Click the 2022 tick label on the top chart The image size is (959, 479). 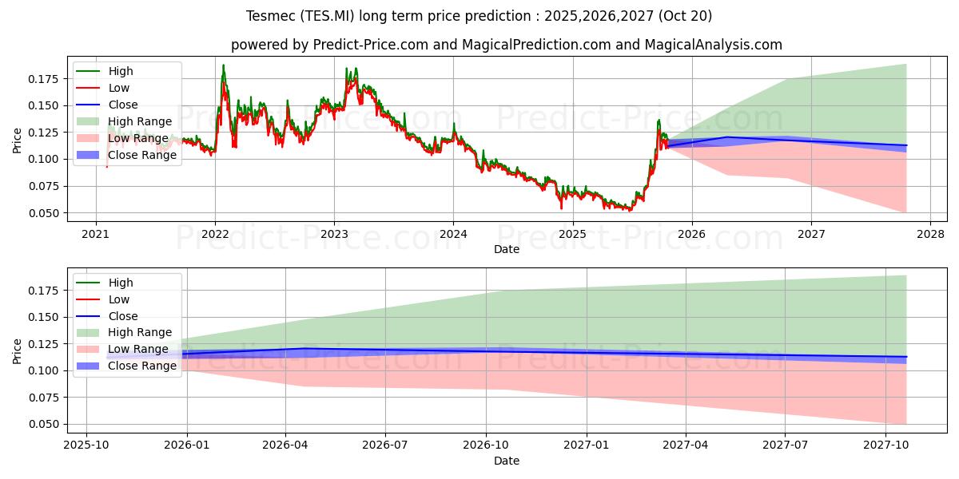click(215, 234)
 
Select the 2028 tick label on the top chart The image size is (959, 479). click(930, 234)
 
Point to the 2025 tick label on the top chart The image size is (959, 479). click(572, 234)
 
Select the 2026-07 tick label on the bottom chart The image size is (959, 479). click(385, 445)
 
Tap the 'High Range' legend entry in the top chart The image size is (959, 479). click(140, 121)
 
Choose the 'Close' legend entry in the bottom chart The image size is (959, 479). click(123, 316)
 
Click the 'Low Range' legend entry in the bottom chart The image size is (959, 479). click(138, 349)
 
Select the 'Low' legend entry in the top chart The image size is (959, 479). click(119, 88)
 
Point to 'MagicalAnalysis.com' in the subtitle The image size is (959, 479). click(718, 45)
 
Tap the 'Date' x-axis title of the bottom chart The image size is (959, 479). click(507, 461)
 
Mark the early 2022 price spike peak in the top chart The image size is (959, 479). click(223, 65)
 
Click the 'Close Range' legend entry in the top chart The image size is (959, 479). click(142, 155)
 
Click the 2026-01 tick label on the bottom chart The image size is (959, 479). click(186, 445)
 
